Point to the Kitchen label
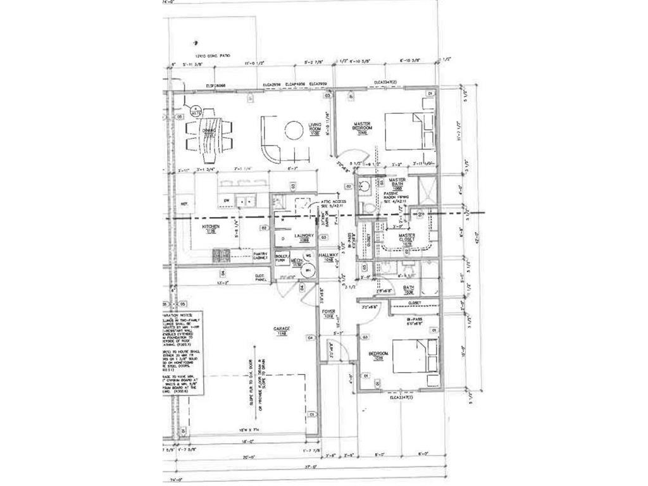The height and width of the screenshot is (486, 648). (211, 227)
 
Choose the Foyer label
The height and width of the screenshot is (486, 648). (328, 313)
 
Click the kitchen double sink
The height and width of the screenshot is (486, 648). (246, 201)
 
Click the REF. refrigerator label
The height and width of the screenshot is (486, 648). (185, 204)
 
